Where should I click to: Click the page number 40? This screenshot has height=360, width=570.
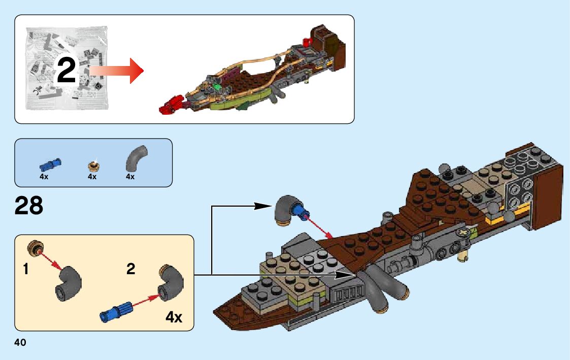click(20, 343)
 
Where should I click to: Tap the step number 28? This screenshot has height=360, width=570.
click(29, 206)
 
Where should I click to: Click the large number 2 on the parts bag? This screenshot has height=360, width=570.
click(66, 71)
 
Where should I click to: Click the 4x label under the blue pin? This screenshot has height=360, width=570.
click(44, 177)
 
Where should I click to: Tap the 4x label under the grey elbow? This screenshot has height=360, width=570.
click(130, 177)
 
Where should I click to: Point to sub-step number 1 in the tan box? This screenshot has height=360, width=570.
click(25, 269)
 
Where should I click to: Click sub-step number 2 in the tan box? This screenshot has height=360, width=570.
click(131, 269)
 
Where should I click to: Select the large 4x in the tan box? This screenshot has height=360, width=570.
click(174, 317)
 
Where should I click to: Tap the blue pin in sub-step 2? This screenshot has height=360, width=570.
click(117, 310)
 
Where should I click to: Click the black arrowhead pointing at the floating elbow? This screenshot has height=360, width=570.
click(262, 206)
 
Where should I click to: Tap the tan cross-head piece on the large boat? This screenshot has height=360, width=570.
click(463, 233)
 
